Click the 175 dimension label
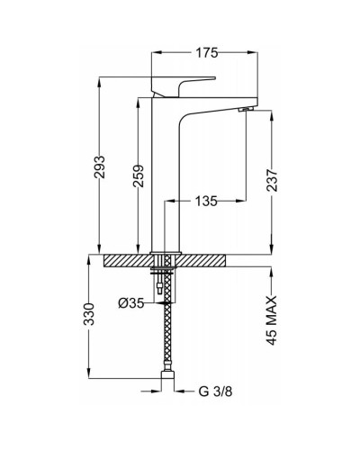(206, 53)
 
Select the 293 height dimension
(100, 166)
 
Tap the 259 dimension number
(139, 175)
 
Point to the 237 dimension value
(272, 180)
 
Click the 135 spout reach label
(206, 201)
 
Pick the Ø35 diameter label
(130, 303)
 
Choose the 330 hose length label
(89, 314)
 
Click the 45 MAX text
(272, 320)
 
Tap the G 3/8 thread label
(215, 391)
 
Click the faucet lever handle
(183, 86)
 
